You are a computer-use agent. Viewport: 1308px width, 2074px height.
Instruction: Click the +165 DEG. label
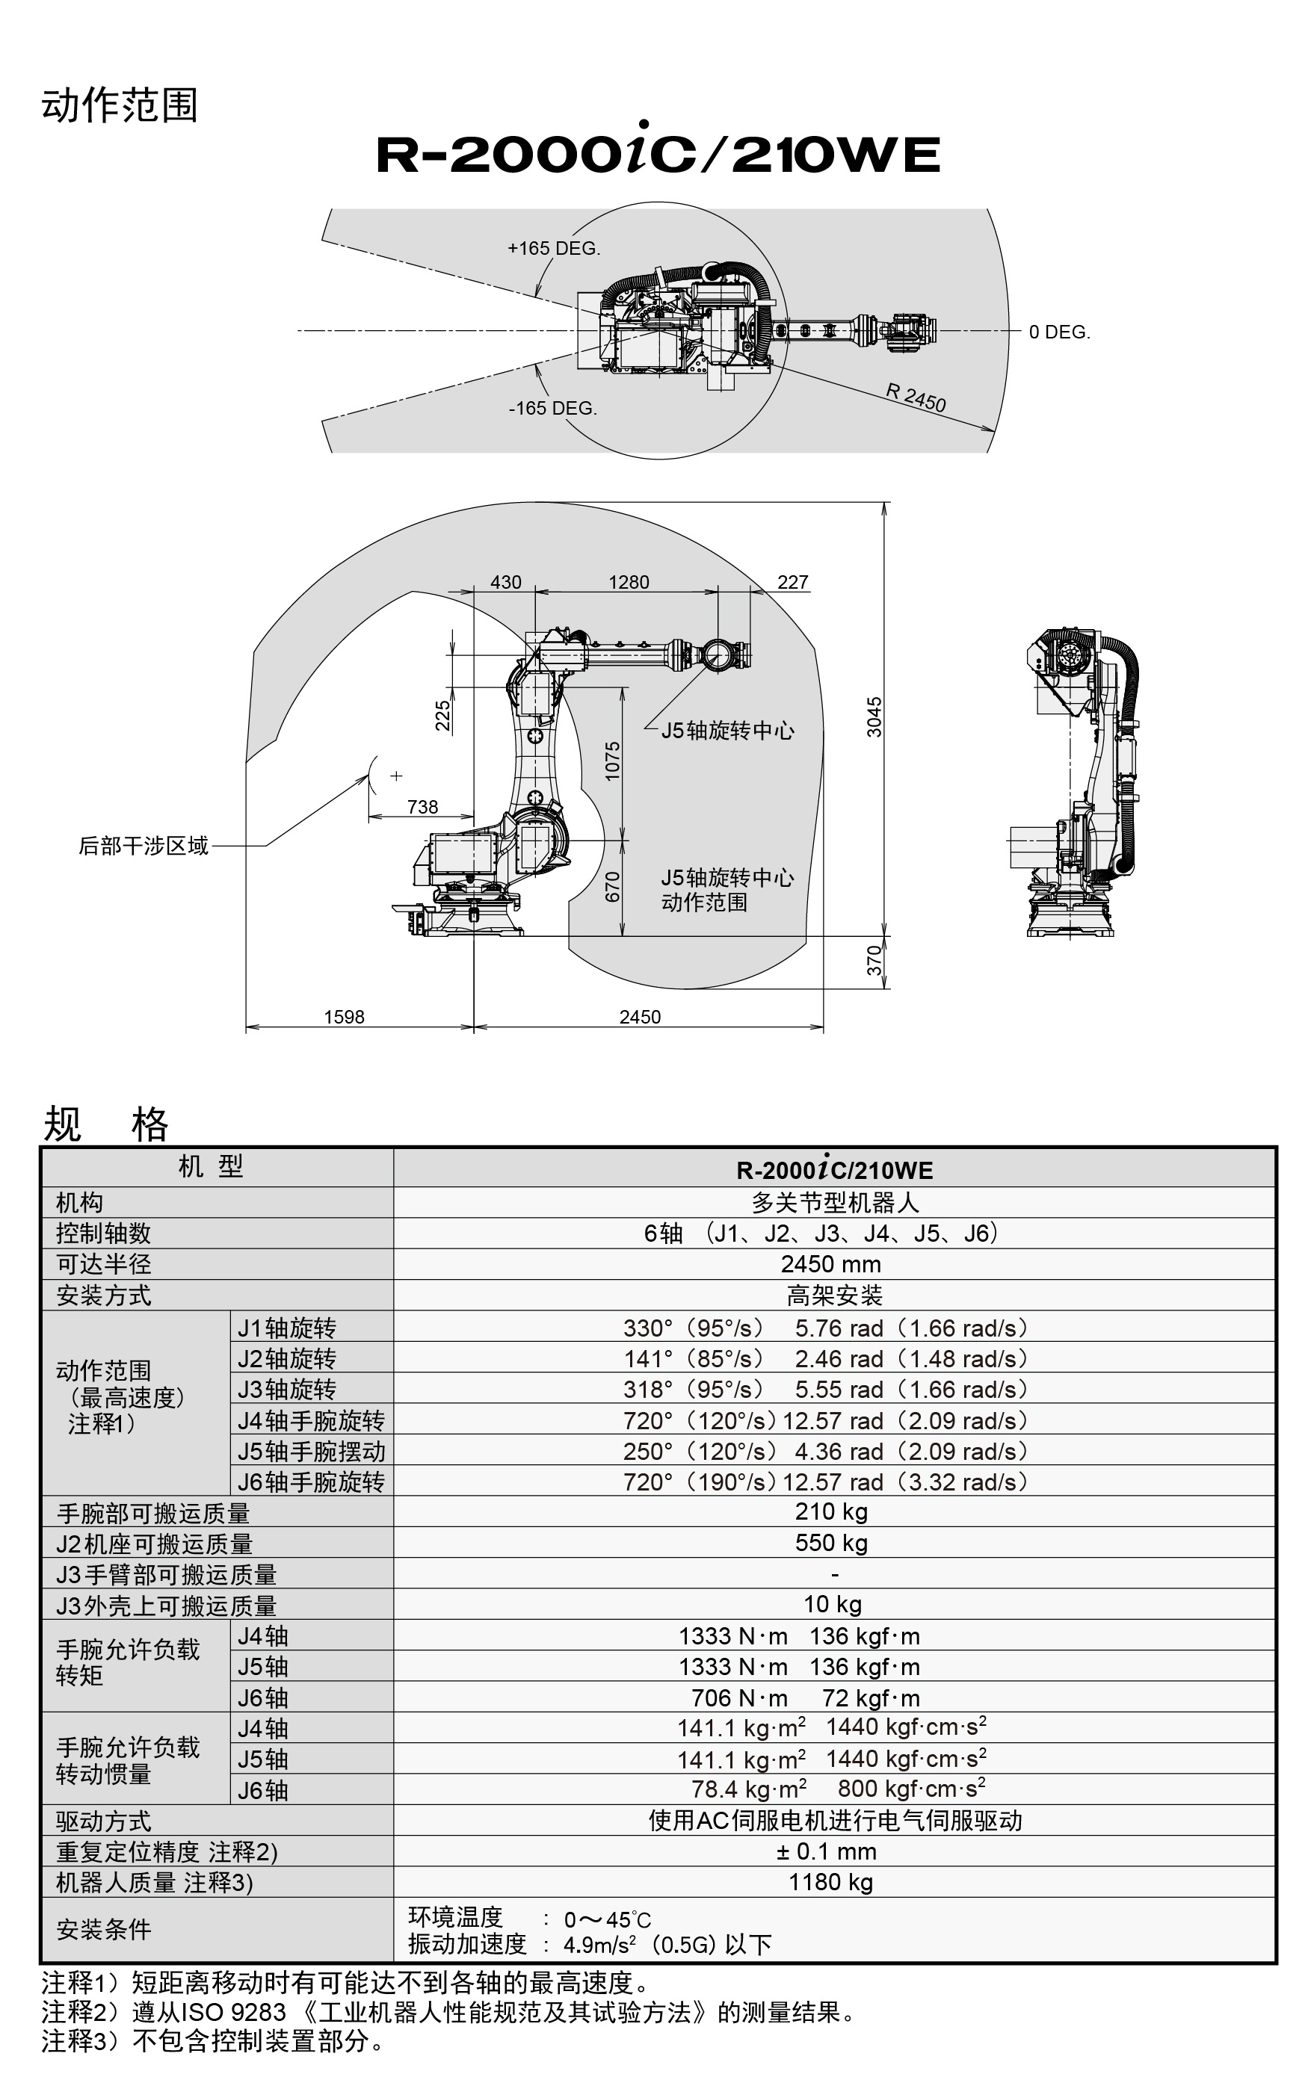click(x=553, y=248)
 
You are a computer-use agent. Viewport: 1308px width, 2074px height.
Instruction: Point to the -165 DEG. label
click(x=552, y=408)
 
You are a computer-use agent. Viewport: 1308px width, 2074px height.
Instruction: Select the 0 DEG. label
click(x=1059, y=332)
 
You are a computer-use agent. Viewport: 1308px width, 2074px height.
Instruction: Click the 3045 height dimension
click(x=874, y=716)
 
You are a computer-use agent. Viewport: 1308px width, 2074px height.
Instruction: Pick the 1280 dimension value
click(x=628, y=582)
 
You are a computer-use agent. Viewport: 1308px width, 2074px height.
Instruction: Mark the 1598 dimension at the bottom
click(x=344, y=1017)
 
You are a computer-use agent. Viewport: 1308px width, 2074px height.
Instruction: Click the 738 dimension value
click(x=422, y=807)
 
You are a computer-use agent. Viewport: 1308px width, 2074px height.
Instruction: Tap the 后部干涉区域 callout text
click(x=143, y=846)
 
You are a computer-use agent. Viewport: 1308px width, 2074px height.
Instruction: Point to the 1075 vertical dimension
click(x=612, y=761)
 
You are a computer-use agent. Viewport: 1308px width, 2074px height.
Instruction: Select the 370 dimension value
click(x=874, y=960)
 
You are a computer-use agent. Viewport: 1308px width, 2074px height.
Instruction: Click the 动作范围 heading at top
click(x=120, y=106)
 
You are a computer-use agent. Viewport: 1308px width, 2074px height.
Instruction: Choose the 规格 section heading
click(x=105, y=1123)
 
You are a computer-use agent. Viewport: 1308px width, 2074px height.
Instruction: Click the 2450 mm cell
click(x=830, y=1264)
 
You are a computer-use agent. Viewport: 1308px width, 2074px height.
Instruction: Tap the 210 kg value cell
click(x=830, y=1511)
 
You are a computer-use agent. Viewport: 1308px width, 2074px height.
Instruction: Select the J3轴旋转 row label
click(x=287, y=1390)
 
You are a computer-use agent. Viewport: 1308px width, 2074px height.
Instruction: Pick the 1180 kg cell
click(x=830, y=1882)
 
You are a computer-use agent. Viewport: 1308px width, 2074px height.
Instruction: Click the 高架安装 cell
click(x=834, y=1296)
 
